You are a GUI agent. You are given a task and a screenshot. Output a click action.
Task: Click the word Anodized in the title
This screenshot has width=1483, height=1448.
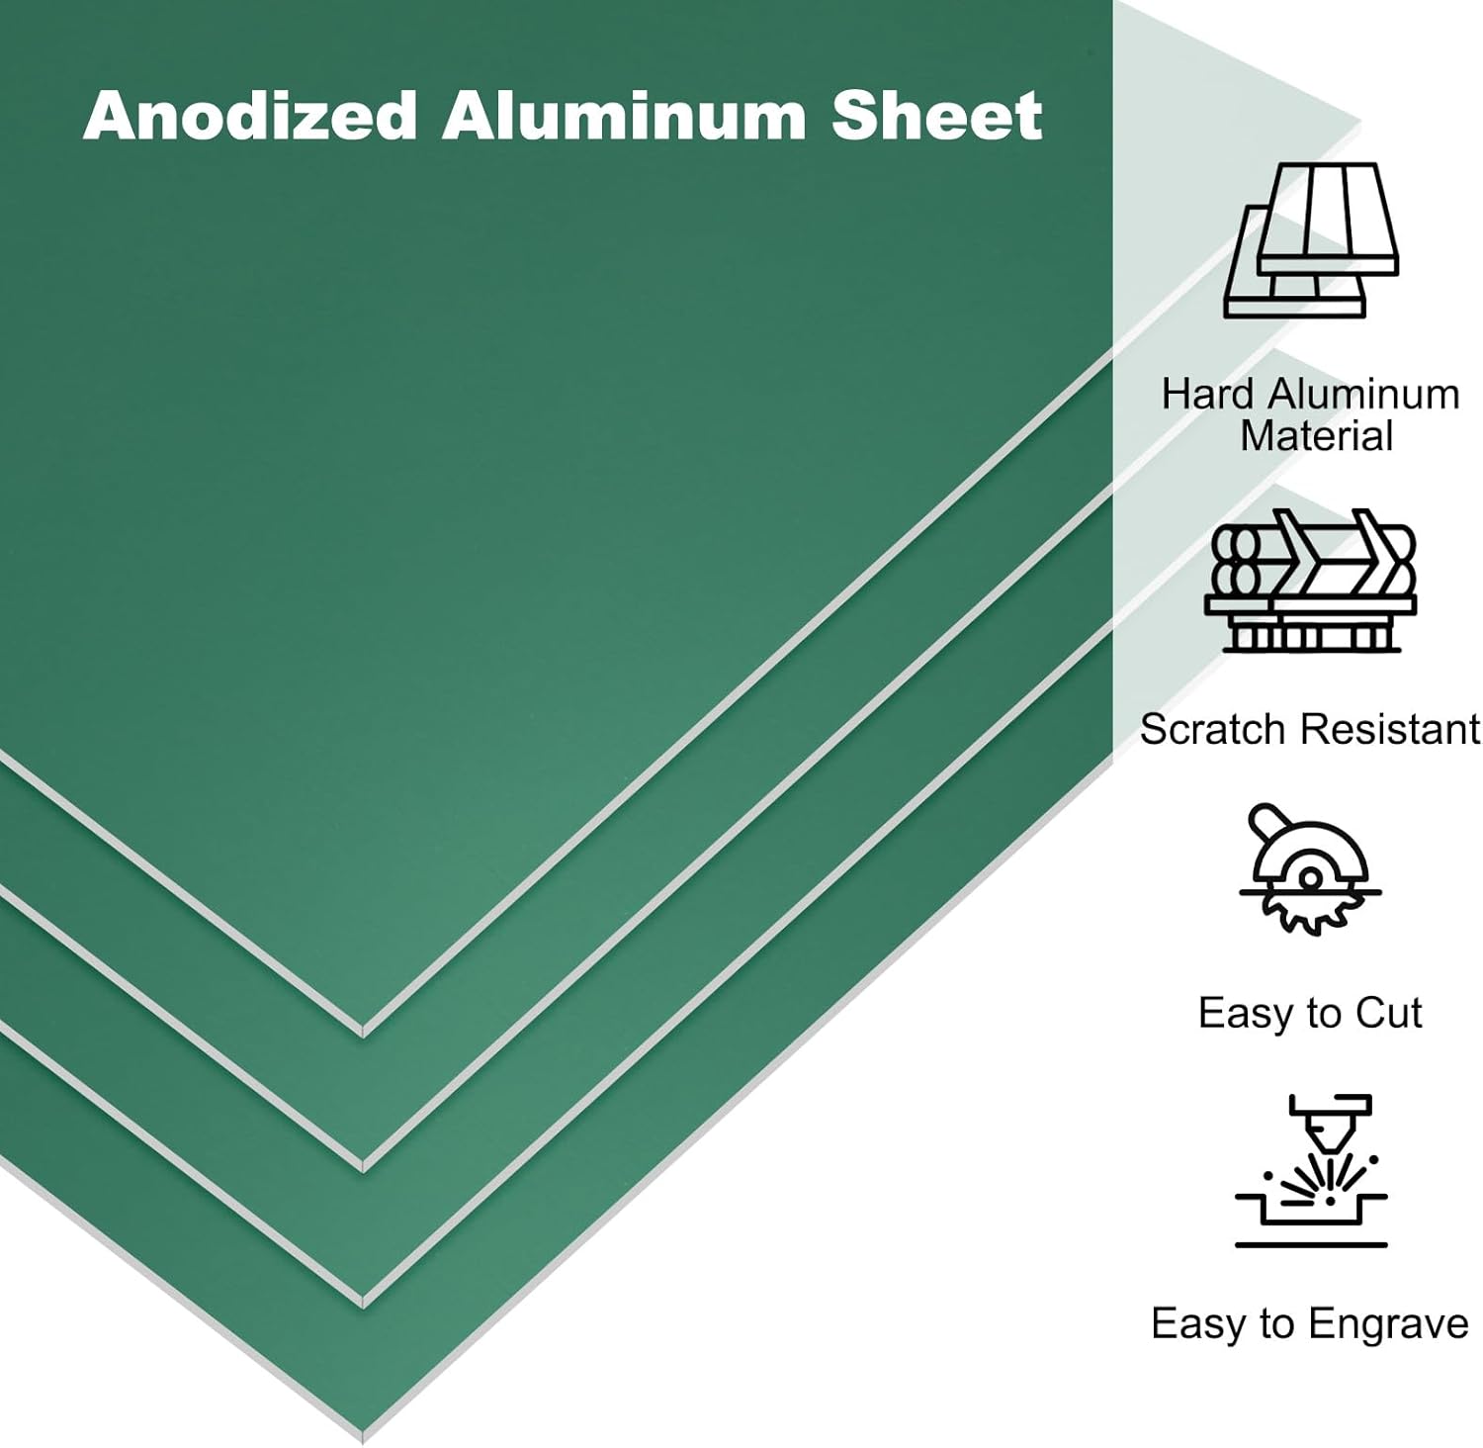pos(249,116)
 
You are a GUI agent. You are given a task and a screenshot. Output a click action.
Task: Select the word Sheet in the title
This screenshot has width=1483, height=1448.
pos(936,116)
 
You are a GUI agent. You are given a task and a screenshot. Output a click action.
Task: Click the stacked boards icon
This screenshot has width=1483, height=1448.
pos(1311,241)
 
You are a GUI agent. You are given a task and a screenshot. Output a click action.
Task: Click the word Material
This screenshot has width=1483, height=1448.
pos(1316,435)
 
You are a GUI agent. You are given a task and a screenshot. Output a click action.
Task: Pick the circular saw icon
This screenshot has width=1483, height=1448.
pos(1310,870)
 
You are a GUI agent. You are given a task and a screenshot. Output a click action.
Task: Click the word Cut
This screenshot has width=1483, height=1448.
pos(1388,1013)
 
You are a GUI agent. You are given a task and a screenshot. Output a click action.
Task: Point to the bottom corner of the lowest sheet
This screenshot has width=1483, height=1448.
pos(363,1436)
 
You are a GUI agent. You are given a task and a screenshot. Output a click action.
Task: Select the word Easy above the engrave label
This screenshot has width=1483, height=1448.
pos(1194,1323)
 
